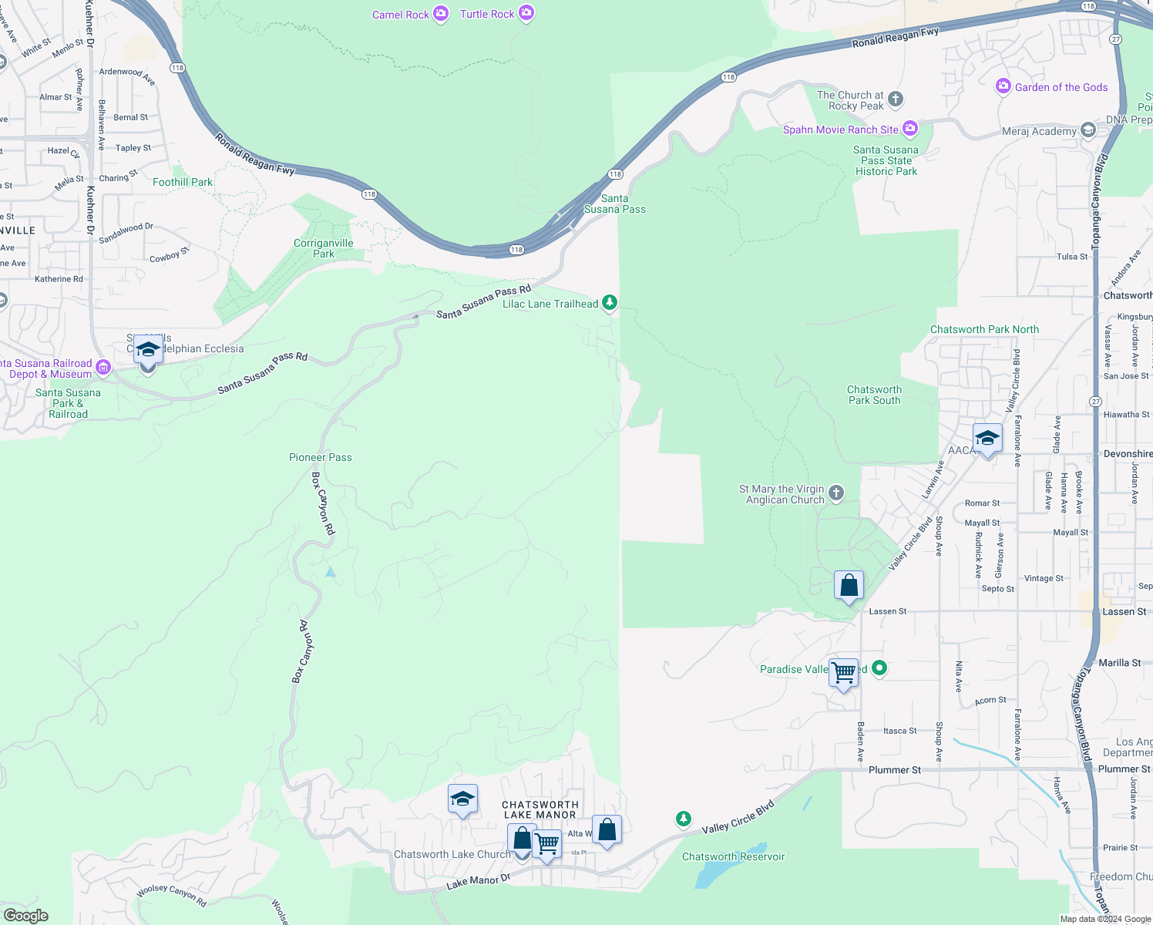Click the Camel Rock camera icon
[441, 14]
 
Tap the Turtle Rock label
[486, 14]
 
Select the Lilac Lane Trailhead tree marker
[610, 303]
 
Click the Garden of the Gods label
[1061, 87]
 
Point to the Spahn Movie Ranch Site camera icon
[910, 129]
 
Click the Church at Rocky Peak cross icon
[895, 99]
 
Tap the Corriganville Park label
[324, 248]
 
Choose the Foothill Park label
[182, 182]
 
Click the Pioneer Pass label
[320, 457]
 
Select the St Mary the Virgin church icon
[836, 493]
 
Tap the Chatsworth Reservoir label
[733, 856]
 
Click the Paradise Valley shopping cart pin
[844, 673]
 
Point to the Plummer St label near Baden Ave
[894, 769]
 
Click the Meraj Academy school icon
[1087, 130]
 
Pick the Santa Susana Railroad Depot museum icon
[103, 368]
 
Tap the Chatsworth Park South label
[874, 395]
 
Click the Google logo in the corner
[25, 915]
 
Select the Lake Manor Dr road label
[478, 881]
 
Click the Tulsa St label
[1072, 257]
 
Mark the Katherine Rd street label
[59, 279]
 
